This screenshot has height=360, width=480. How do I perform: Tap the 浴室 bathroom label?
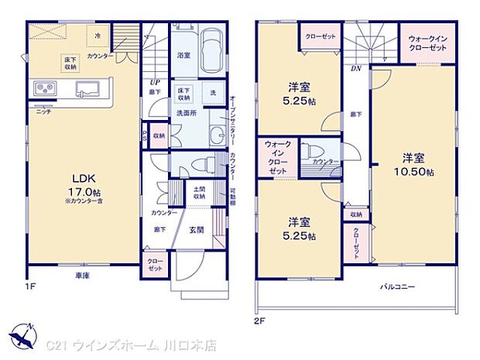[x=183, y=56]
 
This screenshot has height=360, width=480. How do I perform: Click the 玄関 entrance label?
[x=197, y=230]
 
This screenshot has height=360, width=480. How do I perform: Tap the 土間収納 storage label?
[x=199, y=194]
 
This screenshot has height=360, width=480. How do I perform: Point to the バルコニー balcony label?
[x=398, y=287]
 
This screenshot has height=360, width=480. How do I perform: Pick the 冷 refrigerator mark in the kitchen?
[x=98, y=36]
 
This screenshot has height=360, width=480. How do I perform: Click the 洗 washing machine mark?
[x=212, y=93]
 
